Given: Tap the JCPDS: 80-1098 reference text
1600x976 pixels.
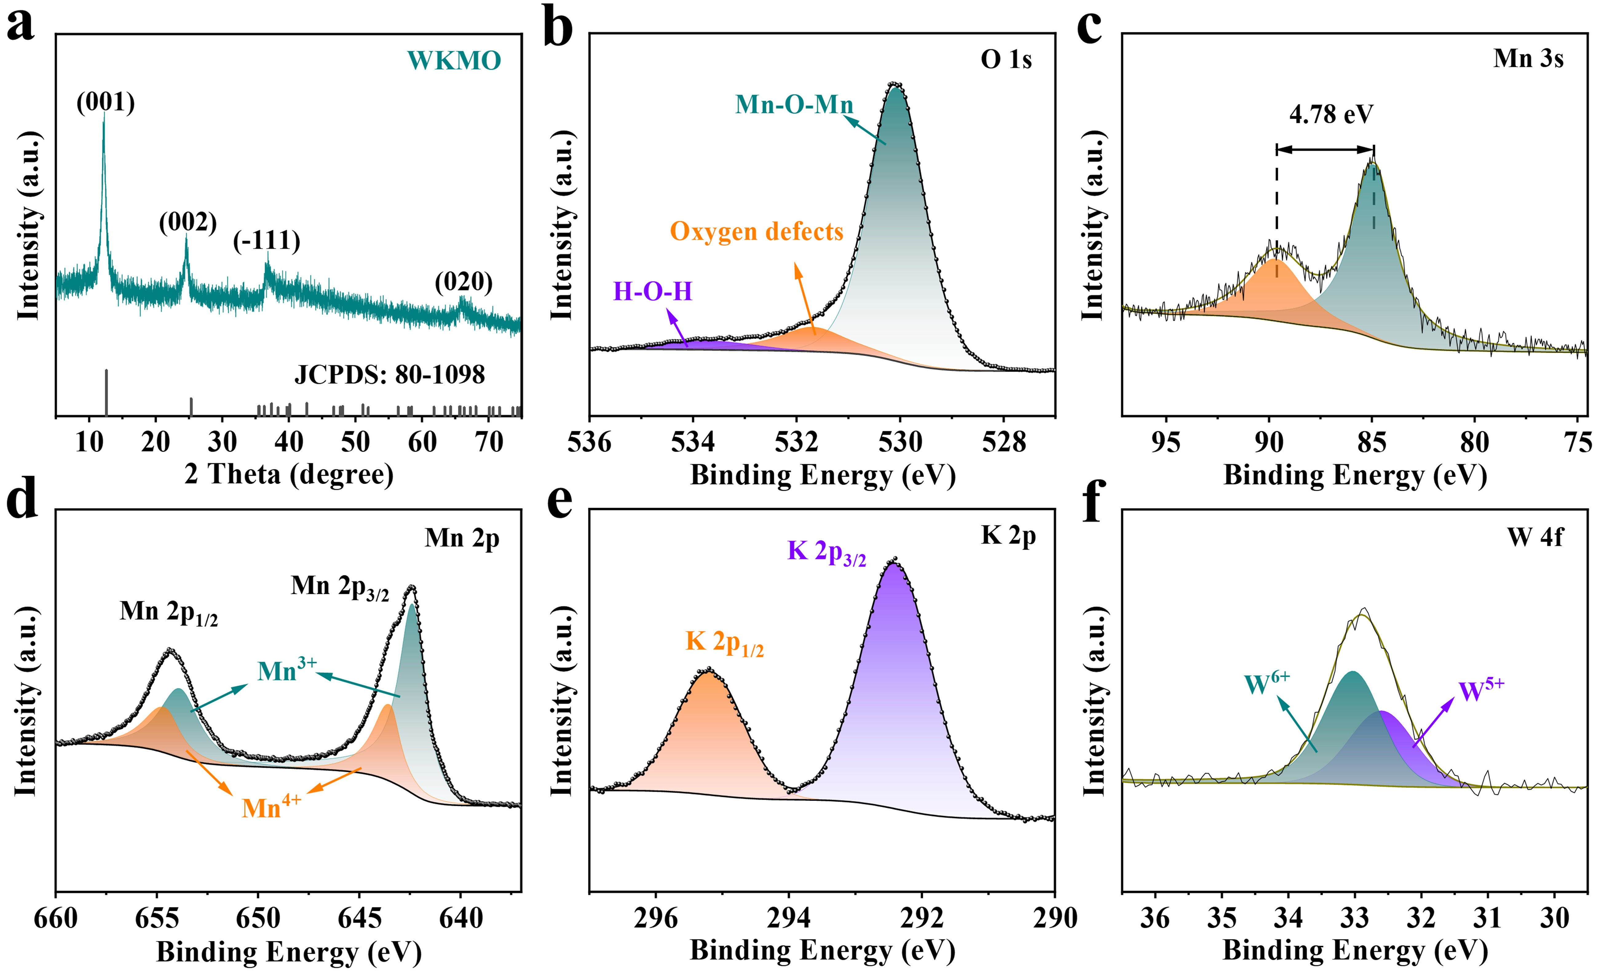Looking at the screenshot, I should point(389,375).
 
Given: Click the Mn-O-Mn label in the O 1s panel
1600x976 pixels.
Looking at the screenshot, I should point(793,104).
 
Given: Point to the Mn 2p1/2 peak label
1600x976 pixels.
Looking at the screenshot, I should point(168,613).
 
